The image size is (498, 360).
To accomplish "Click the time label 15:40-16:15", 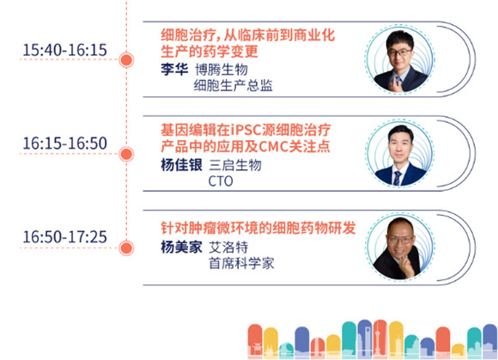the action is (64, 50).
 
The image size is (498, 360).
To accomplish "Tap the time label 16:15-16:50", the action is (64, 143).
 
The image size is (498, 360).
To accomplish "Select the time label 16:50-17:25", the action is (64, 237).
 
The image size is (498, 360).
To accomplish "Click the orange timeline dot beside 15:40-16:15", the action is (126, 60).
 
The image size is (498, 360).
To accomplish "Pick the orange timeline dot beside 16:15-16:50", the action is (126, 154).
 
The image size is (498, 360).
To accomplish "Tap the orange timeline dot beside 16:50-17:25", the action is (126, 248).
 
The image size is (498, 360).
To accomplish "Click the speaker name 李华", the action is (174, 70).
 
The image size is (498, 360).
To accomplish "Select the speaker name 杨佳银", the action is (181, 165).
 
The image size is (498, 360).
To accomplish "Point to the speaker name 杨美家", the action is (181, 247).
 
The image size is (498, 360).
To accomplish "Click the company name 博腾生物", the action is (222, 70).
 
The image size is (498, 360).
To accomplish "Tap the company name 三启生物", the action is (235, 165).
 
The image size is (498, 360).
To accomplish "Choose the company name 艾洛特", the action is (228, 247).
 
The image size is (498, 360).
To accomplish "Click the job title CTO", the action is (221, 181).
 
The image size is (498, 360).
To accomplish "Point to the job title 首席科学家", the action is (241, 264).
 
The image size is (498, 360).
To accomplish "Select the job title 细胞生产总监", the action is (234, 86).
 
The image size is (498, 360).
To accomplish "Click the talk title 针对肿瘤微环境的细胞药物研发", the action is (258, 228).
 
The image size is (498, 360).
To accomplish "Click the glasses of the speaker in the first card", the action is (400, 52).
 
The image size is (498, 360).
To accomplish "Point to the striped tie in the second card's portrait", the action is (397, 178).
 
